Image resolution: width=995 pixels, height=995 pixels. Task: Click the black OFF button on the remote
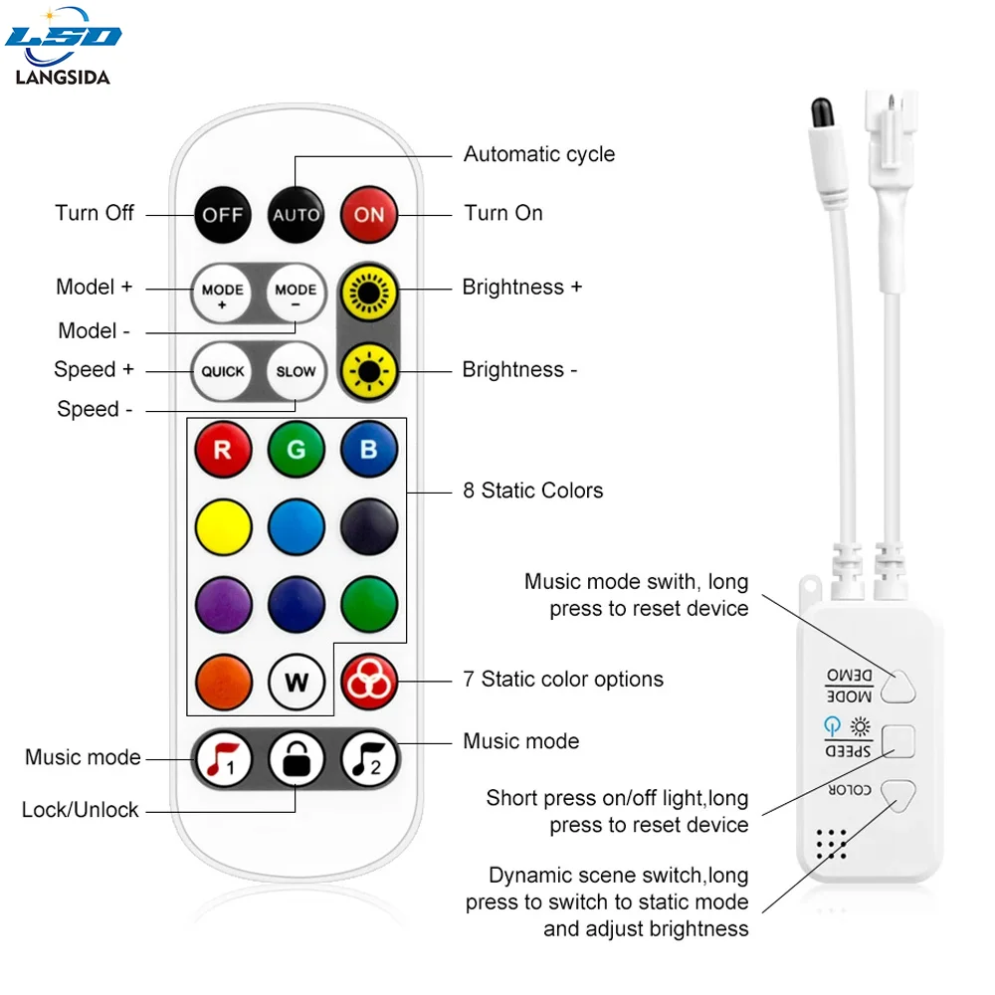pos(223,214)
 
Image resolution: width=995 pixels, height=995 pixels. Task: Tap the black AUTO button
pos(297,214)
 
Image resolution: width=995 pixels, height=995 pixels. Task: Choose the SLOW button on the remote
pos(297,371)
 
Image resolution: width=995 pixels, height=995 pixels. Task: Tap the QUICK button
pos(223,371)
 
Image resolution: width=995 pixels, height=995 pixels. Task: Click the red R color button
pos(223,449)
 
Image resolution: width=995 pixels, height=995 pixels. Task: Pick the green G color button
pos(297,449)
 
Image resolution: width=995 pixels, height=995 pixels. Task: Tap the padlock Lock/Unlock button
pos(297,761)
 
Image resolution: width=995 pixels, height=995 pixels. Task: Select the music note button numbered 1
pos(223,761)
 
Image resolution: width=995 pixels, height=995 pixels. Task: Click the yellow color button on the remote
pos(223,526)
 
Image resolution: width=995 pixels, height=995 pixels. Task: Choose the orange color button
pos(223,683)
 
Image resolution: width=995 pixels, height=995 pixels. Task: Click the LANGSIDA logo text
pos(63,77)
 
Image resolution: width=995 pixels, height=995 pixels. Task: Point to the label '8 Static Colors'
pos(532,491)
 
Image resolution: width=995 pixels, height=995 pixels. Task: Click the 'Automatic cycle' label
pos(538,154)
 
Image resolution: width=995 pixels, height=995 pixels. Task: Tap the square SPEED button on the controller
pos(897,741)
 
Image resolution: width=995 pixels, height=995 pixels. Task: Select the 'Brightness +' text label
pos(521,288)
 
